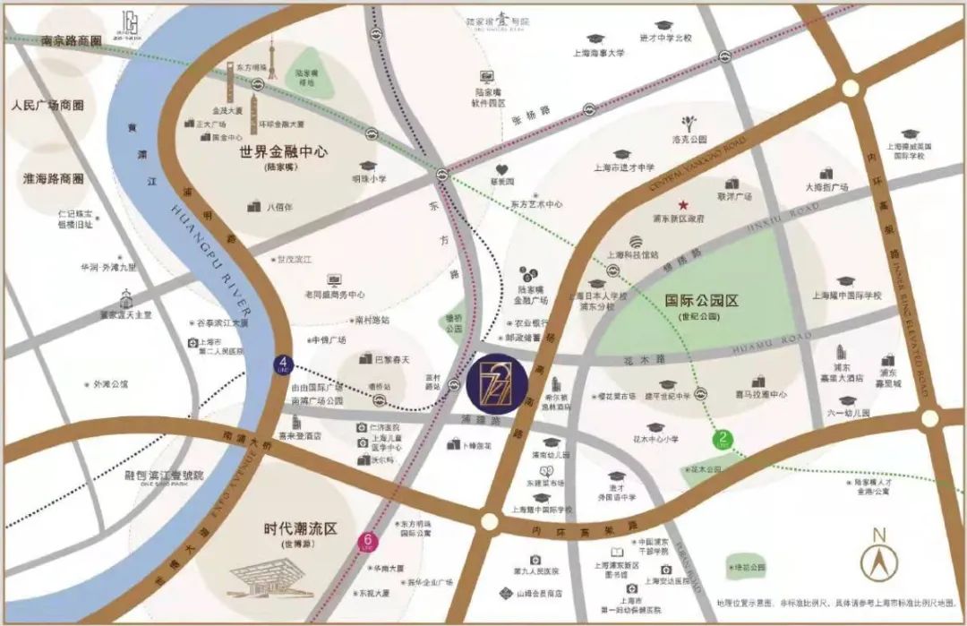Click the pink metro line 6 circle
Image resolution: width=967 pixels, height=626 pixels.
367,541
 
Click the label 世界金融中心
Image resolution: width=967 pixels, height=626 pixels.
283,152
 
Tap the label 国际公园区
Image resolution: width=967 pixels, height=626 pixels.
702,301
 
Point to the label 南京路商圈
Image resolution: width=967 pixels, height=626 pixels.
72,40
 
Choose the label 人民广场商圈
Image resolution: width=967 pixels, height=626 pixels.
47,105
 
